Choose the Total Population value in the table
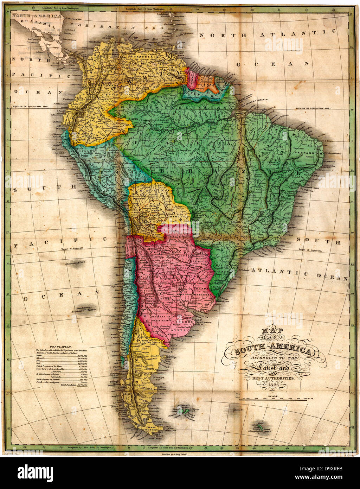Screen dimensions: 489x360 (x=82, y=386)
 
